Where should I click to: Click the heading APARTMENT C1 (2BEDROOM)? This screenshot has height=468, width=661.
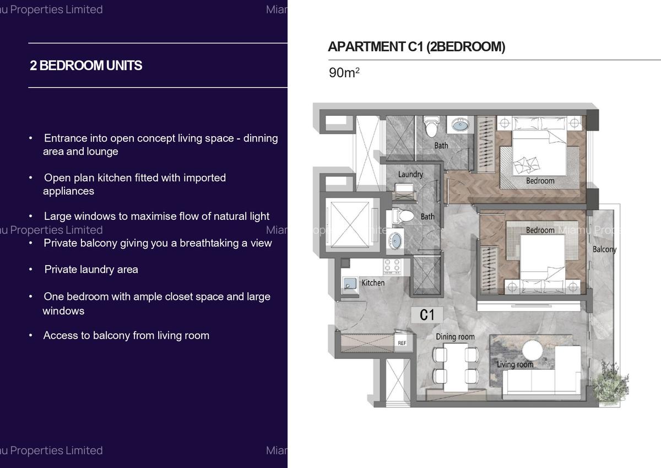[416, 47]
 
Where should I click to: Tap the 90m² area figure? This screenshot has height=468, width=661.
[344, 73]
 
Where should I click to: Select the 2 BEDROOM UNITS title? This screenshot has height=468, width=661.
[86, 66]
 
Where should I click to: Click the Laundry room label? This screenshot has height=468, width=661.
[410, 174]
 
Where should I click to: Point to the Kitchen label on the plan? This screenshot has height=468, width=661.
[373, 283]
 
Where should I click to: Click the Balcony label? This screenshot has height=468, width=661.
[604, 250]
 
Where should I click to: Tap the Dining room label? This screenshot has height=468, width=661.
[455, 337]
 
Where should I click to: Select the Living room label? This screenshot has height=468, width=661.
[515, 364]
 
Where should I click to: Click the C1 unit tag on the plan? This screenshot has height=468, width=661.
[427, 315]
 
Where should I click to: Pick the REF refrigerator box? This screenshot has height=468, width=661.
[402, 343]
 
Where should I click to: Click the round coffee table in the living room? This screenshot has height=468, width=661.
[533, 351]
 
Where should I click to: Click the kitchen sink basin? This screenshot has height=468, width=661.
[350, 283]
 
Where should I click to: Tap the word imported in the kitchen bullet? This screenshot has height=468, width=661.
[204, 178]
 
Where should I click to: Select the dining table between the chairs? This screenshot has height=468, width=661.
[455, 364]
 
